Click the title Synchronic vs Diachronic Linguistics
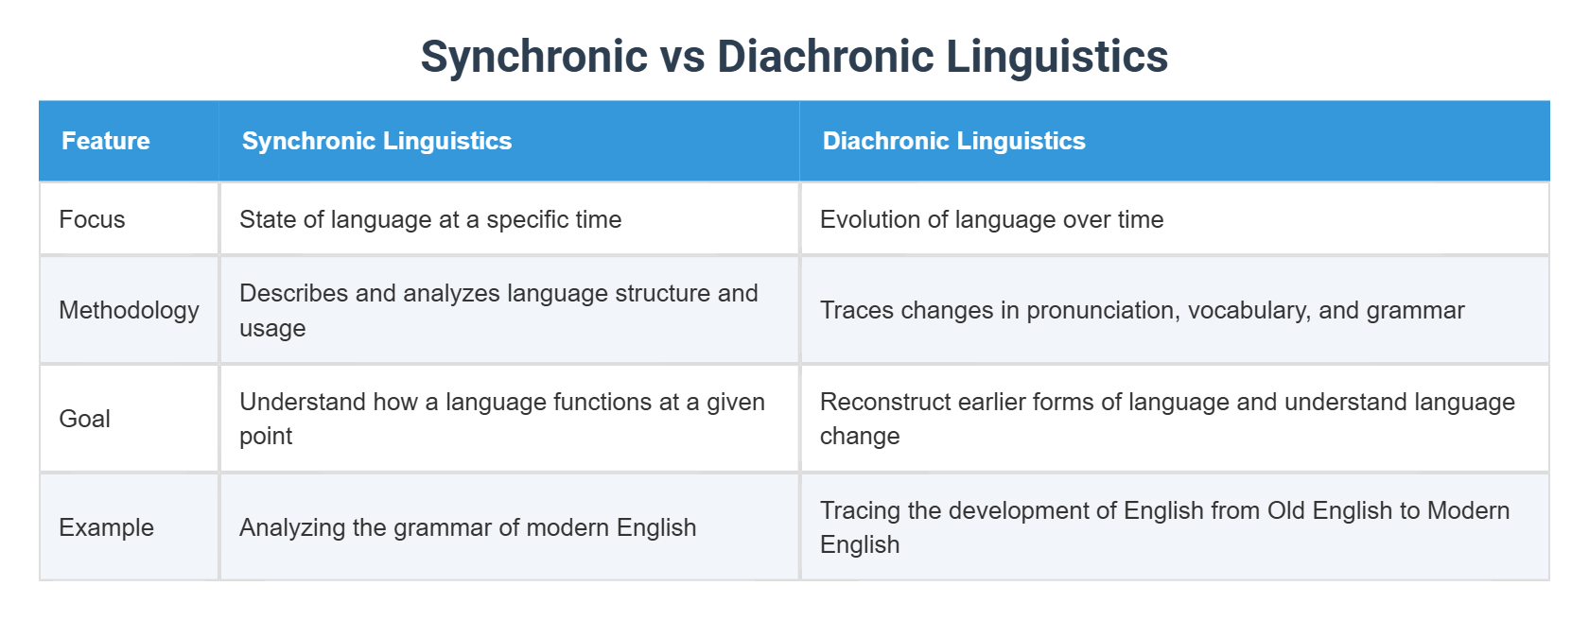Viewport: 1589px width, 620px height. [x=794, y=57]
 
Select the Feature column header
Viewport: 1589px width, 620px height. [x=106, y=141]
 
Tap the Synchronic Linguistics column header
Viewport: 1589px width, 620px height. [x=376, y=141]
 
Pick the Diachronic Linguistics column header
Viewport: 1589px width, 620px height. [x=953, y=141]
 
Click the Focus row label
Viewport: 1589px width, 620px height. [x=92, y=219]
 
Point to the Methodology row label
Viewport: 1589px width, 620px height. [x=129, y=310]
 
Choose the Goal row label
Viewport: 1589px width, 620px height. [x=84, y=419]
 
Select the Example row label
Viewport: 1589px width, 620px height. [x=106, y=527]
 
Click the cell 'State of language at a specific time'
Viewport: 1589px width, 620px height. [x=430, y=219]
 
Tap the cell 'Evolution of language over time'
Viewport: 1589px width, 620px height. [x=991, y=219]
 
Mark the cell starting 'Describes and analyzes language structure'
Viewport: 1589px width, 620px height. [x=498, y=310]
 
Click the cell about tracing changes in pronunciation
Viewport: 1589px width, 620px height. [x=1142, y=310]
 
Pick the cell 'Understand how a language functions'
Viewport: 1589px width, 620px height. [x=501, y=419]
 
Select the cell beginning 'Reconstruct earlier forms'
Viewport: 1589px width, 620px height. [x=1166, y=419]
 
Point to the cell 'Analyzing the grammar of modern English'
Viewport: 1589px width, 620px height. [x=467, y=527]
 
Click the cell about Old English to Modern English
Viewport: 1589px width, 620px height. [x=1164, y=527]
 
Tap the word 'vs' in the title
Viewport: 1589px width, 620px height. [x=682, y=57]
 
